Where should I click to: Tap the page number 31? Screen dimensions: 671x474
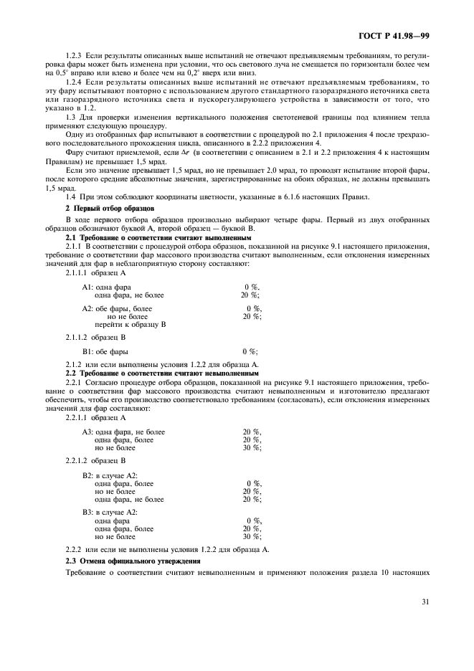[425, 601]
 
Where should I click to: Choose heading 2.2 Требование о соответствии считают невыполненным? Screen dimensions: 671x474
[162, 373]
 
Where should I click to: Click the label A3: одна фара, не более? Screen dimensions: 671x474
[123, 432]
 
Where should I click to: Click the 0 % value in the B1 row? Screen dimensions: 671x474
[250, 352]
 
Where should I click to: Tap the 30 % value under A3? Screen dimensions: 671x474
[252, 447]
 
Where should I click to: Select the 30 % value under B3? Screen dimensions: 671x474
[252, 536]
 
